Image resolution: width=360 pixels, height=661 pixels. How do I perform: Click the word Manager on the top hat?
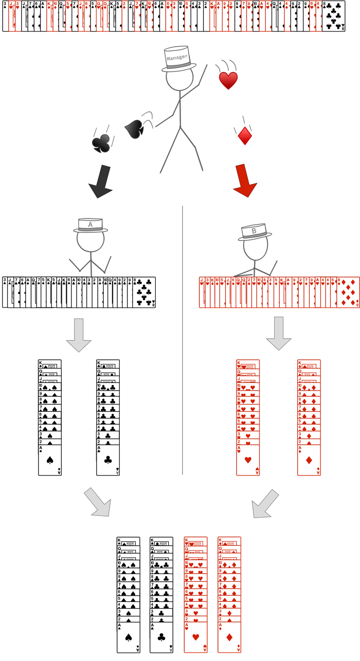[177, 58]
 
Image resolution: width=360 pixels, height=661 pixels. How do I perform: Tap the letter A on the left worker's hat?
[91, 225]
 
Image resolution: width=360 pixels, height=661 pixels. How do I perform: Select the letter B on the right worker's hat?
[254, 231]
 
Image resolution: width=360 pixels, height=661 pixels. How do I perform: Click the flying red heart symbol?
[228, 81]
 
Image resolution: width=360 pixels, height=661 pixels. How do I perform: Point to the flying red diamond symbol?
[245, 135]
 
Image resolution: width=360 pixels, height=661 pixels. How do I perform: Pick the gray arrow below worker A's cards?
[79, 335]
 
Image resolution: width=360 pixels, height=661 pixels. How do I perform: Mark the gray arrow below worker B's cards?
[279, 333]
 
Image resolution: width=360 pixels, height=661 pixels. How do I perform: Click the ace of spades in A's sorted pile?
[50, 460]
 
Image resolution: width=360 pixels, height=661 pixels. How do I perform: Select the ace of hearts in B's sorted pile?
[248, 460]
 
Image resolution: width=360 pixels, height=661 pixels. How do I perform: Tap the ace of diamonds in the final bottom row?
[229, 638]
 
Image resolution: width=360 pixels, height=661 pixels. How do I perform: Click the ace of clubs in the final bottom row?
[161, 638]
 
